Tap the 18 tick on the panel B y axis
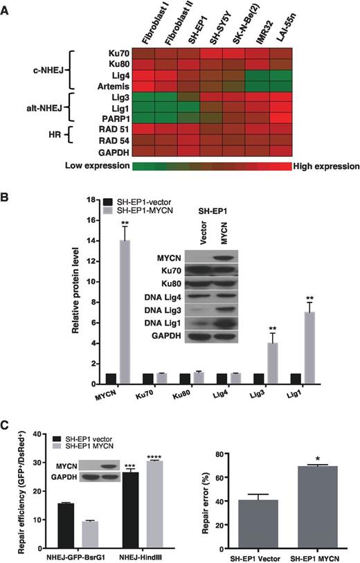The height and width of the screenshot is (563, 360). [90, 199]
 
